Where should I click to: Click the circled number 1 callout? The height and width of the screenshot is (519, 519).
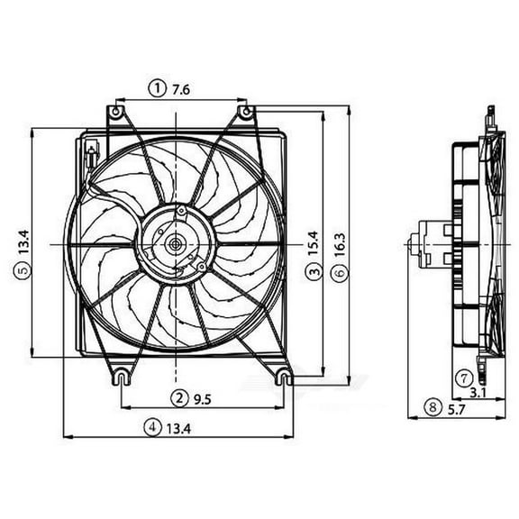coord(158,87)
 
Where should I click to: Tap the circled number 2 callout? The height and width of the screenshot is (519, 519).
coord(179,397)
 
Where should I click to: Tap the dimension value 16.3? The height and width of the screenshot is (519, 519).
coord(340,244)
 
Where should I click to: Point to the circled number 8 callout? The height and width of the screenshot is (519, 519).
coord(433,408)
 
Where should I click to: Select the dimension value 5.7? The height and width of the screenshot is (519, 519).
coord(457,408)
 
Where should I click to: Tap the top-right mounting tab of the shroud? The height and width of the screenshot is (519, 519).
coord(244,113)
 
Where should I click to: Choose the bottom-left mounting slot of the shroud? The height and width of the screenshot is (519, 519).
coord(119,378)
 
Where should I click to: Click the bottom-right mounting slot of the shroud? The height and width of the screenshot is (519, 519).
coord(284,378)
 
